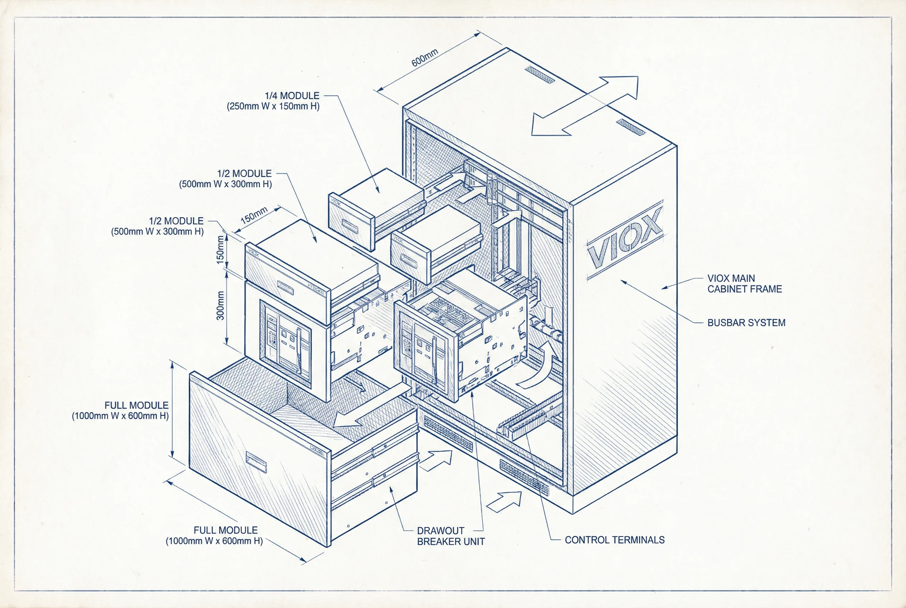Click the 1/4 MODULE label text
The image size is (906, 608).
[292, 95]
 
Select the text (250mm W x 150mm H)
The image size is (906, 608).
[273, 106]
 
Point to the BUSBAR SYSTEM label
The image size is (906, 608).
[746, 323]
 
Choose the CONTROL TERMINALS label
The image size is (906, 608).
[615, 540]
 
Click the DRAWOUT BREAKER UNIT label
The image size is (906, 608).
[450, 536]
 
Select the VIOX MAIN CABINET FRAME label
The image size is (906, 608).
[744, 284]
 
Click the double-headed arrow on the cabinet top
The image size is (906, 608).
[585, 106]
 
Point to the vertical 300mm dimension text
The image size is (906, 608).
[220, 305]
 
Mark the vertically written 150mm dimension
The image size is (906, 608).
[220, 250]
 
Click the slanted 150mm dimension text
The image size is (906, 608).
[254, 215]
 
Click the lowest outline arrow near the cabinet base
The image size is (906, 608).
[504, 502]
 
